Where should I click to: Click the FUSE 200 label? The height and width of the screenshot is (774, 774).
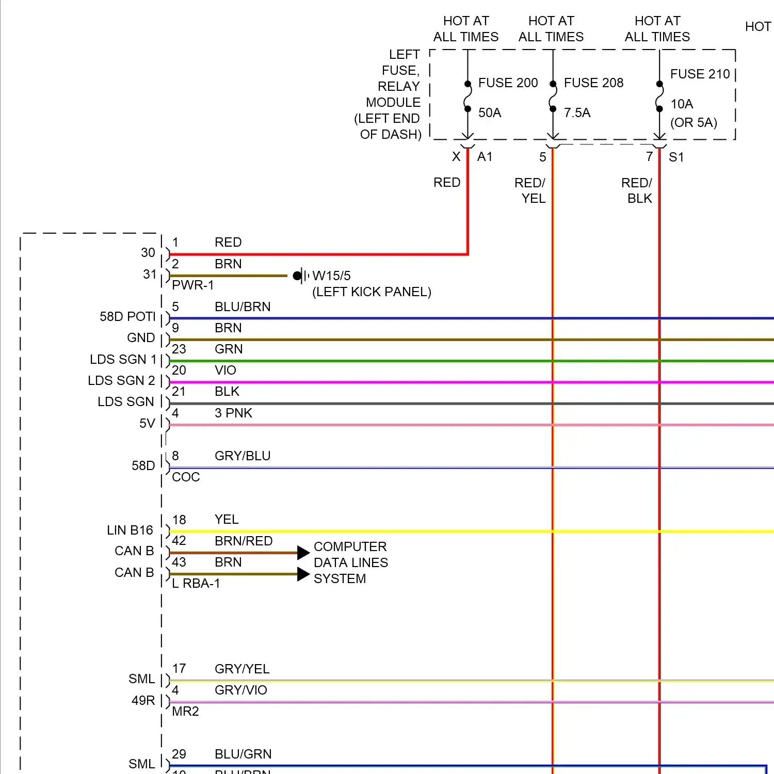(508, 83)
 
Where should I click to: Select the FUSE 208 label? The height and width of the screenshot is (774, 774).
(593, 83)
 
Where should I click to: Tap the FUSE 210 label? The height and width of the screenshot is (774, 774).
(700, 74)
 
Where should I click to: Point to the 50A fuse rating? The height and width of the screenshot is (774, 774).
(490, 113)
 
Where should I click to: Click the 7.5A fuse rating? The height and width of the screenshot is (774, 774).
(577, 113)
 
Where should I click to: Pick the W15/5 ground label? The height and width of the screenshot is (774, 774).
(331, 276)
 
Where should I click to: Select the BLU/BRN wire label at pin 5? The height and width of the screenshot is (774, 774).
(243, 307)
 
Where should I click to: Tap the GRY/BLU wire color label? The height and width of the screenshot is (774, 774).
(243, 456)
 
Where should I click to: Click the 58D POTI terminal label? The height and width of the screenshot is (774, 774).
(127, 317)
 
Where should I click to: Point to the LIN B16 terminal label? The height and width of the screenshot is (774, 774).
(130, 530)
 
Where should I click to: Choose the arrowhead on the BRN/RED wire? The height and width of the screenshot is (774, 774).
(303, 553)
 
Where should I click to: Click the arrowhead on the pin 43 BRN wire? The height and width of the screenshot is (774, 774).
(303, 574)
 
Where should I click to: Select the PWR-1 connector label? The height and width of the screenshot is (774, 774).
(192, 285)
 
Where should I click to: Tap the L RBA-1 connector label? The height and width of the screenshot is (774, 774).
(196, 584)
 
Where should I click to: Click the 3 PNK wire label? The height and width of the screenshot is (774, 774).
(233, 413)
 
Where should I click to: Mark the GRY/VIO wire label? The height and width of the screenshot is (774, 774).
(241, 690)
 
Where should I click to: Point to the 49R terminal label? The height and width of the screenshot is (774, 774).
(143, 701)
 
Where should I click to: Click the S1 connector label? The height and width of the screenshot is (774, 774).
(676, 157)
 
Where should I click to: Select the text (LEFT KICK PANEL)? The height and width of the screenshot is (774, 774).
(372, 292)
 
